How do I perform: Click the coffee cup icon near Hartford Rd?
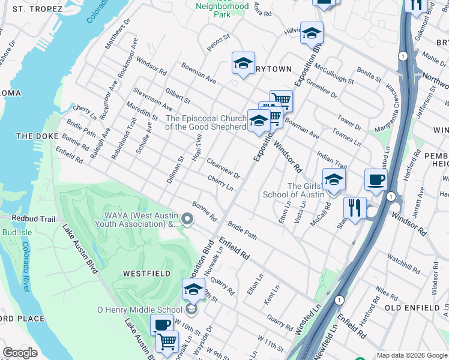point(376,179)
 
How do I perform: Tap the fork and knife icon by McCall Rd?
point(355,208)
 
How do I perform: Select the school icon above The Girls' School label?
point(334,179)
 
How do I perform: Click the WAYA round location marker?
point(188,220)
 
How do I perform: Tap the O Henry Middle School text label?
point(139,310)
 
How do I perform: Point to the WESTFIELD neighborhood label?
point(146,273)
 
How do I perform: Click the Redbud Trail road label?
point(23,219)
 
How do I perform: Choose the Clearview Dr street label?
point(223,169)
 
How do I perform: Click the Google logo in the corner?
point(20,353)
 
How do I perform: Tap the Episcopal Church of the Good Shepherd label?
point(205,122)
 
